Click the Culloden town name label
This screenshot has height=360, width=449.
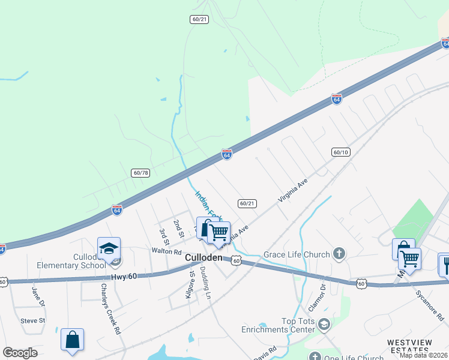click(x=204, y=257)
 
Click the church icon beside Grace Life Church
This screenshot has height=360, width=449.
click(x=339, y=254)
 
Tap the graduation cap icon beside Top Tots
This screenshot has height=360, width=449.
click(x=324, y=325)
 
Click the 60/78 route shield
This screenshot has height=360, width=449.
click(x=140, y=173)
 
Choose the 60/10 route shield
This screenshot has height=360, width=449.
click(x=340, y=152)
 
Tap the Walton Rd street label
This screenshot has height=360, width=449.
click(x=166, y=251)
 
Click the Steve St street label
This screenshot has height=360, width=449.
click(x=32, y=320)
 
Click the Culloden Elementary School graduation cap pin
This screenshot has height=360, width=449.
click(x=109, y=248)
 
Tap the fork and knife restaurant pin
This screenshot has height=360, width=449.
click(x=445, y=264)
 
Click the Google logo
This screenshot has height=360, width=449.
click(x=20, y=353)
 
